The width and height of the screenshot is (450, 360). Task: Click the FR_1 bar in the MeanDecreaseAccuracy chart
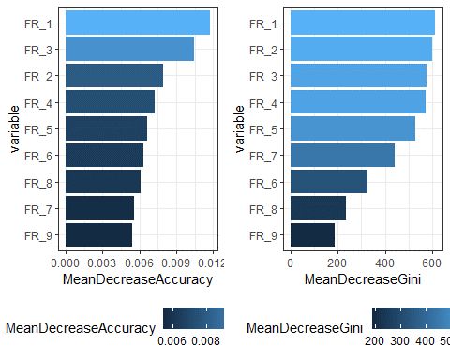pos(137,22)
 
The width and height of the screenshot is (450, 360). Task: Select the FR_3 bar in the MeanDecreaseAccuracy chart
pos(129,49)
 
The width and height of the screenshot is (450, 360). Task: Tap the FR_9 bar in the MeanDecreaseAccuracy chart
pos(98,234)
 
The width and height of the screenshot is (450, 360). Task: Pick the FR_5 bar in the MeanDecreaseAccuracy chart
pos(106,128)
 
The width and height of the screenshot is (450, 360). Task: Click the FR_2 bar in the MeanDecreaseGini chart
pos(361,49)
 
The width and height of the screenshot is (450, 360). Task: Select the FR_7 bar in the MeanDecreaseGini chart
pos(342,155)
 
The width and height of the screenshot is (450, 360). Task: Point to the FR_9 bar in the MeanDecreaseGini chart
pos(312,234)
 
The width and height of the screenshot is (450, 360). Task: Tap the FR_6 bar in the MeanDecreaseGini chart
pos(328,181)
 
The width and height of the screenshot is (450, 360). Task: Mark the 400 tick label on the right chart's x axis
pos(385,263)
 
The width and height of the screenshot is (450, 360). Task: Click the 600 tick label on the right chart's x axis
pos(432,263)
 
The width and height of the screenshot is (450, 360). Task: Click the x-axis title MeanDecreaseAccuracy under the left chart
pos(136,280)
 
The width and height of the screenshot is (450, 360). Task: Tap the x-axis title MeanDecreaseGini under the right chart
pos(362,280)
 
